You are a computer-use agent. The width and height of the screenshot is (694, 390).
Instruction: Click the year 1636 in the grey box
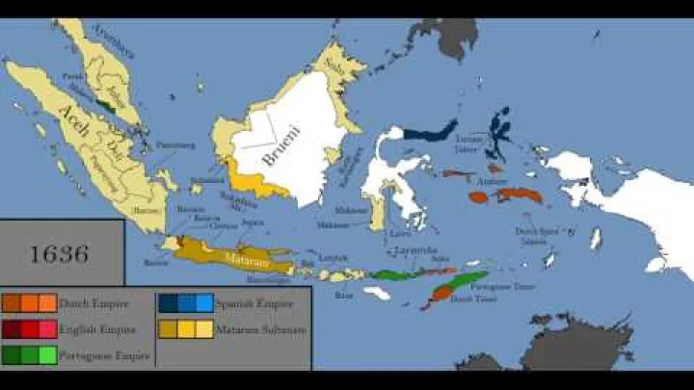tap(59, 254)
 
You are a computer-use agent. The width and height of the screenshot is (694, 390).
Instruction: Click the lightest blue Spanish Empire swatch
tap(204, 303)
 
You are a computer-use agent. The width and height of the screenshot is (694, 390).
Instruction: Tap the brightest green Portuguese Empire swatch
tap(47, 355)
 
